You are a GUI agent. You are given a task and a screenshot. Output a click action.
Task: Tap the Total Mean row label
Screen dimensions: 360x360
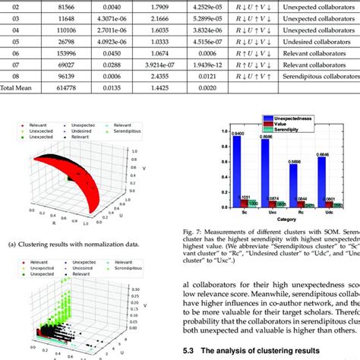coord(16,89)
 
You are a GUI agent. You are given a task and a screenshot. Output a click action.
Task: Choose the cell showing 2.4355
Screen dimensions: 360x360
coord(159,75)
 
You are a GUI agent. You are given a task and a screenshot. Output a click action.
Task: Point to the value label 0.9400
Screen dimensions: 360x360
coord(240,134)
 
